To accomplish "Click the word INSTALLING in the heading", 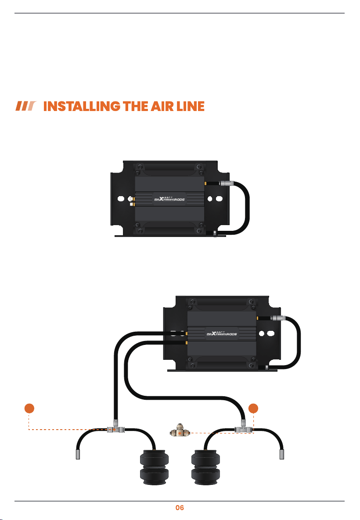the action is (x=82, y=107).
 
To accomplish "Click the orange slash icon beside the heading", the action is (x=25, y=106).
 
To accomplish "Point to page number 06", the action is (x=180, y=508).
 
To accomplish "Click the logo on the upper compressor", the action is (x=169, y=199).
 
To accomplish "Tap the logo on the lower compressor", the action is (x=222, y=334).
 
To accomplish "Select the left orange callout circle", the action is (x=29, y=408).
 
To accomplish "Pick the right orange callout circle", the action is (x=253, y=408).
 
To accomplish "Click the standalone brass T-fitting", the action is (x=180, y=431).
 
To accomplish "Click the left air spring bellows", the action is (x=154, y=467).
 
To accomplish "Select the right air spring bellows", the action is (x=206, y=467).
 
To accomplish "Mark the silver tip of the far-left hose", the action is (x=78, y=454).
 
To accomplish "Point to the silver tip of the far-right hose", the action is (x=282, y=454).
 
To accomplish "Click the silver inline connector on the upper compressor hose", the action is (x=227, y=183).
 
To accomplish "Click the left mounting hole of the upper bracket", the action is (x=121, y=199).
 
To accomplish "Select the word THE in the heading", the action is (x=135, y=107).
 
